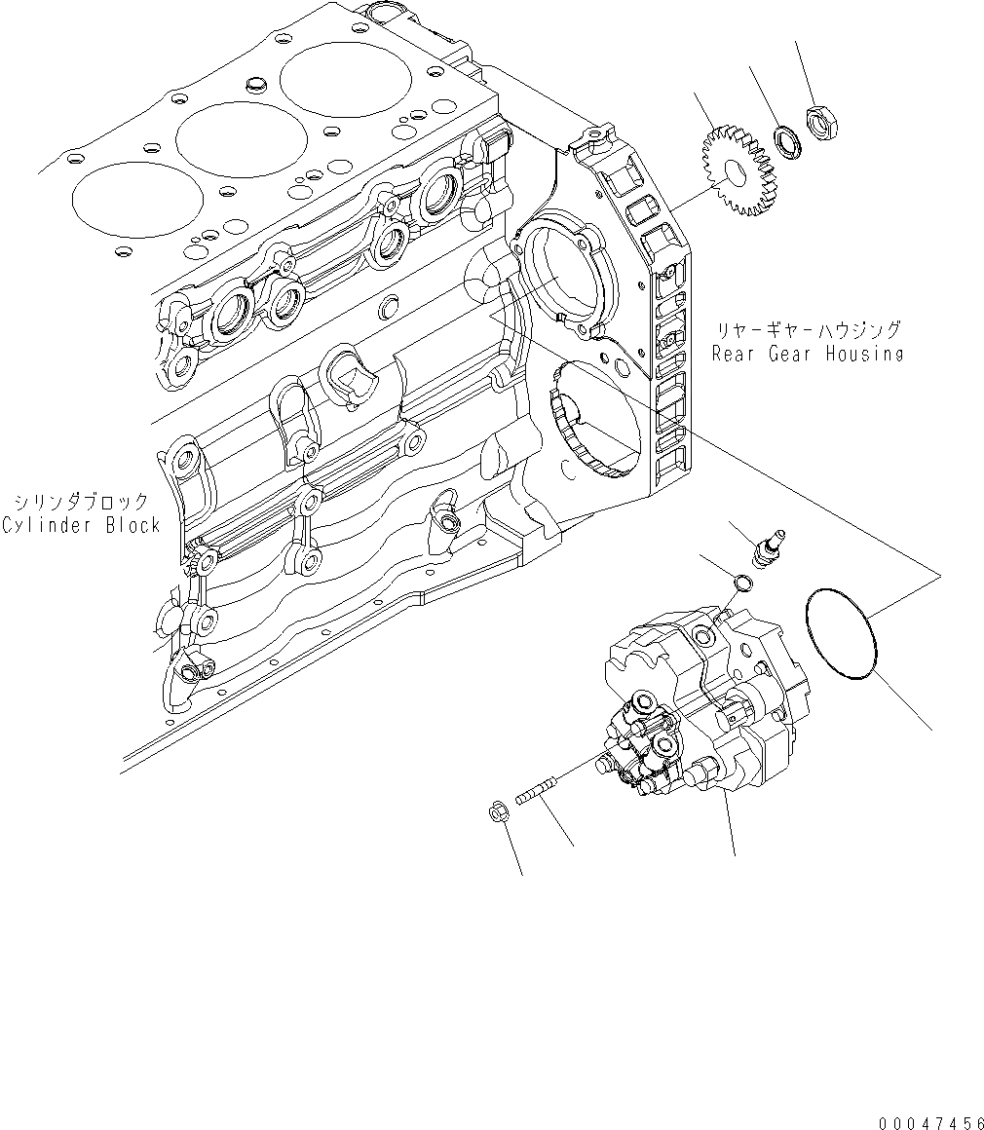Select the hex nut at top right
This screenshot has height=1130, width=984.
click(x=821, y=123)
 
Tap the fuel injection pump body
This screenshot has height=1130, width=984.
click(x=701, y=701)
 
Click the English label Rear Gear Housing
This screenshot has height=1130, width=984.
click(x=807, y=354)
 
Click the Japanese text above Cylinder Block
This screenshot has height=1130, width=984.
click(x=82, y=503)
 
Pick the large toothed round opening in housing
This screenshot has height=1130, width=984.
click(x=595, y=418)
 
